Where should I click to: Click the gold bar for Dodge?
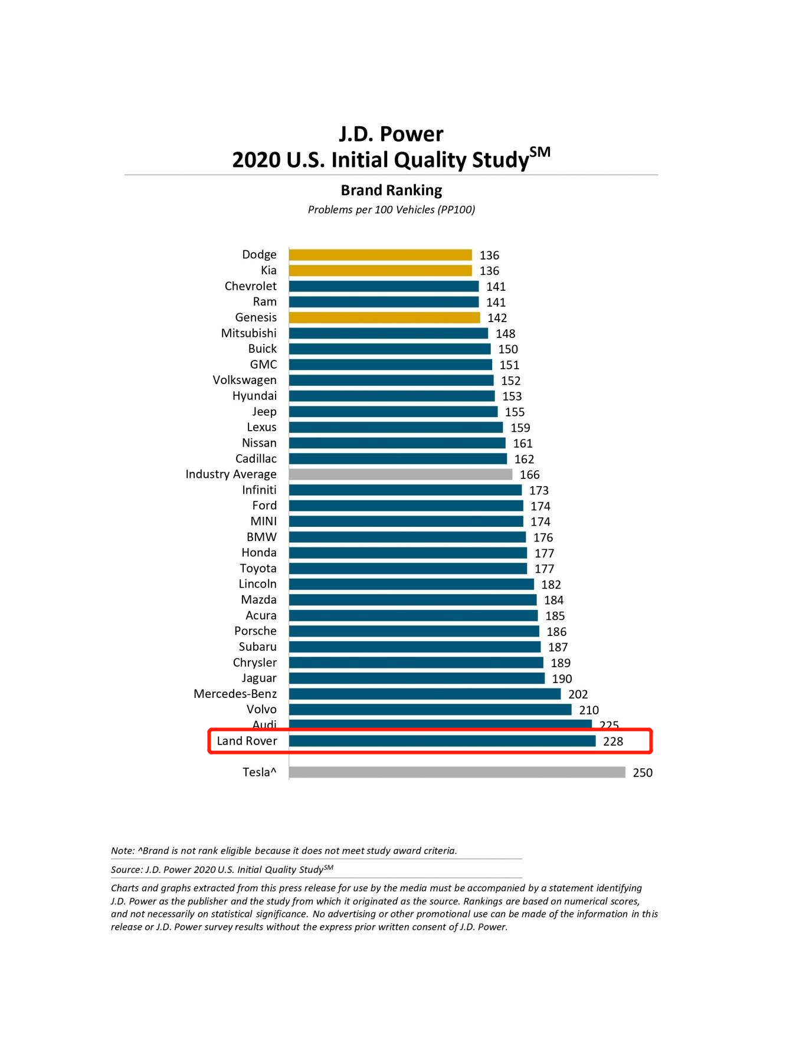point(381,255)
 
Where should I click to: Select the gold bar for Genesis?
point(385,317)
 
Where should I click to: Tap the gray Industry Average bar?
point(401,474)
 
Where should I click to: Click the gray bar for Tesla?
point(457,772)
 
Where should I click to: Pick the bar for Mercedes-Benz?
point(425,694)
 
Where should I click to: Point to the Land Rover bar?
point(443,741)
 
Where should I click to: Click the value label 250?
point(643,773)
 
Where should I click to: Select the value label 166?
point(529,475)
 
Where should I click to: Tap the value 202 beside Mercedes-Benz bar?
point(578,694)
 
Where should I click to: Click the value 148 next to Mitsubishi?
point(505,334)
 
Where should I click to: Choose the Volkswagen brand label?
point(244,380)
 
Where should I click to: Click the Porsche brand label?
point(255,631)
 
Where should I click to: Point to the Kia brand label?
point(268,270)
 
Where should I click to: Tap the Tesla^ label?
point(259,772)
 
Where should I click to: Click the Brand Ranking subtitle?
point(391,190)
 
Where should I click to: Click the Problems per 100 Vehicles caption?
point(391,209)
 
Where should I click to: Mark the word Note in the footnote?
point(122,851)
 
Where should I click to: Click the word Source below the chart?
point(126,870)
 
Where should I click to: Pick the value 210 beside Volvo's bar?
point(588,710)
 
